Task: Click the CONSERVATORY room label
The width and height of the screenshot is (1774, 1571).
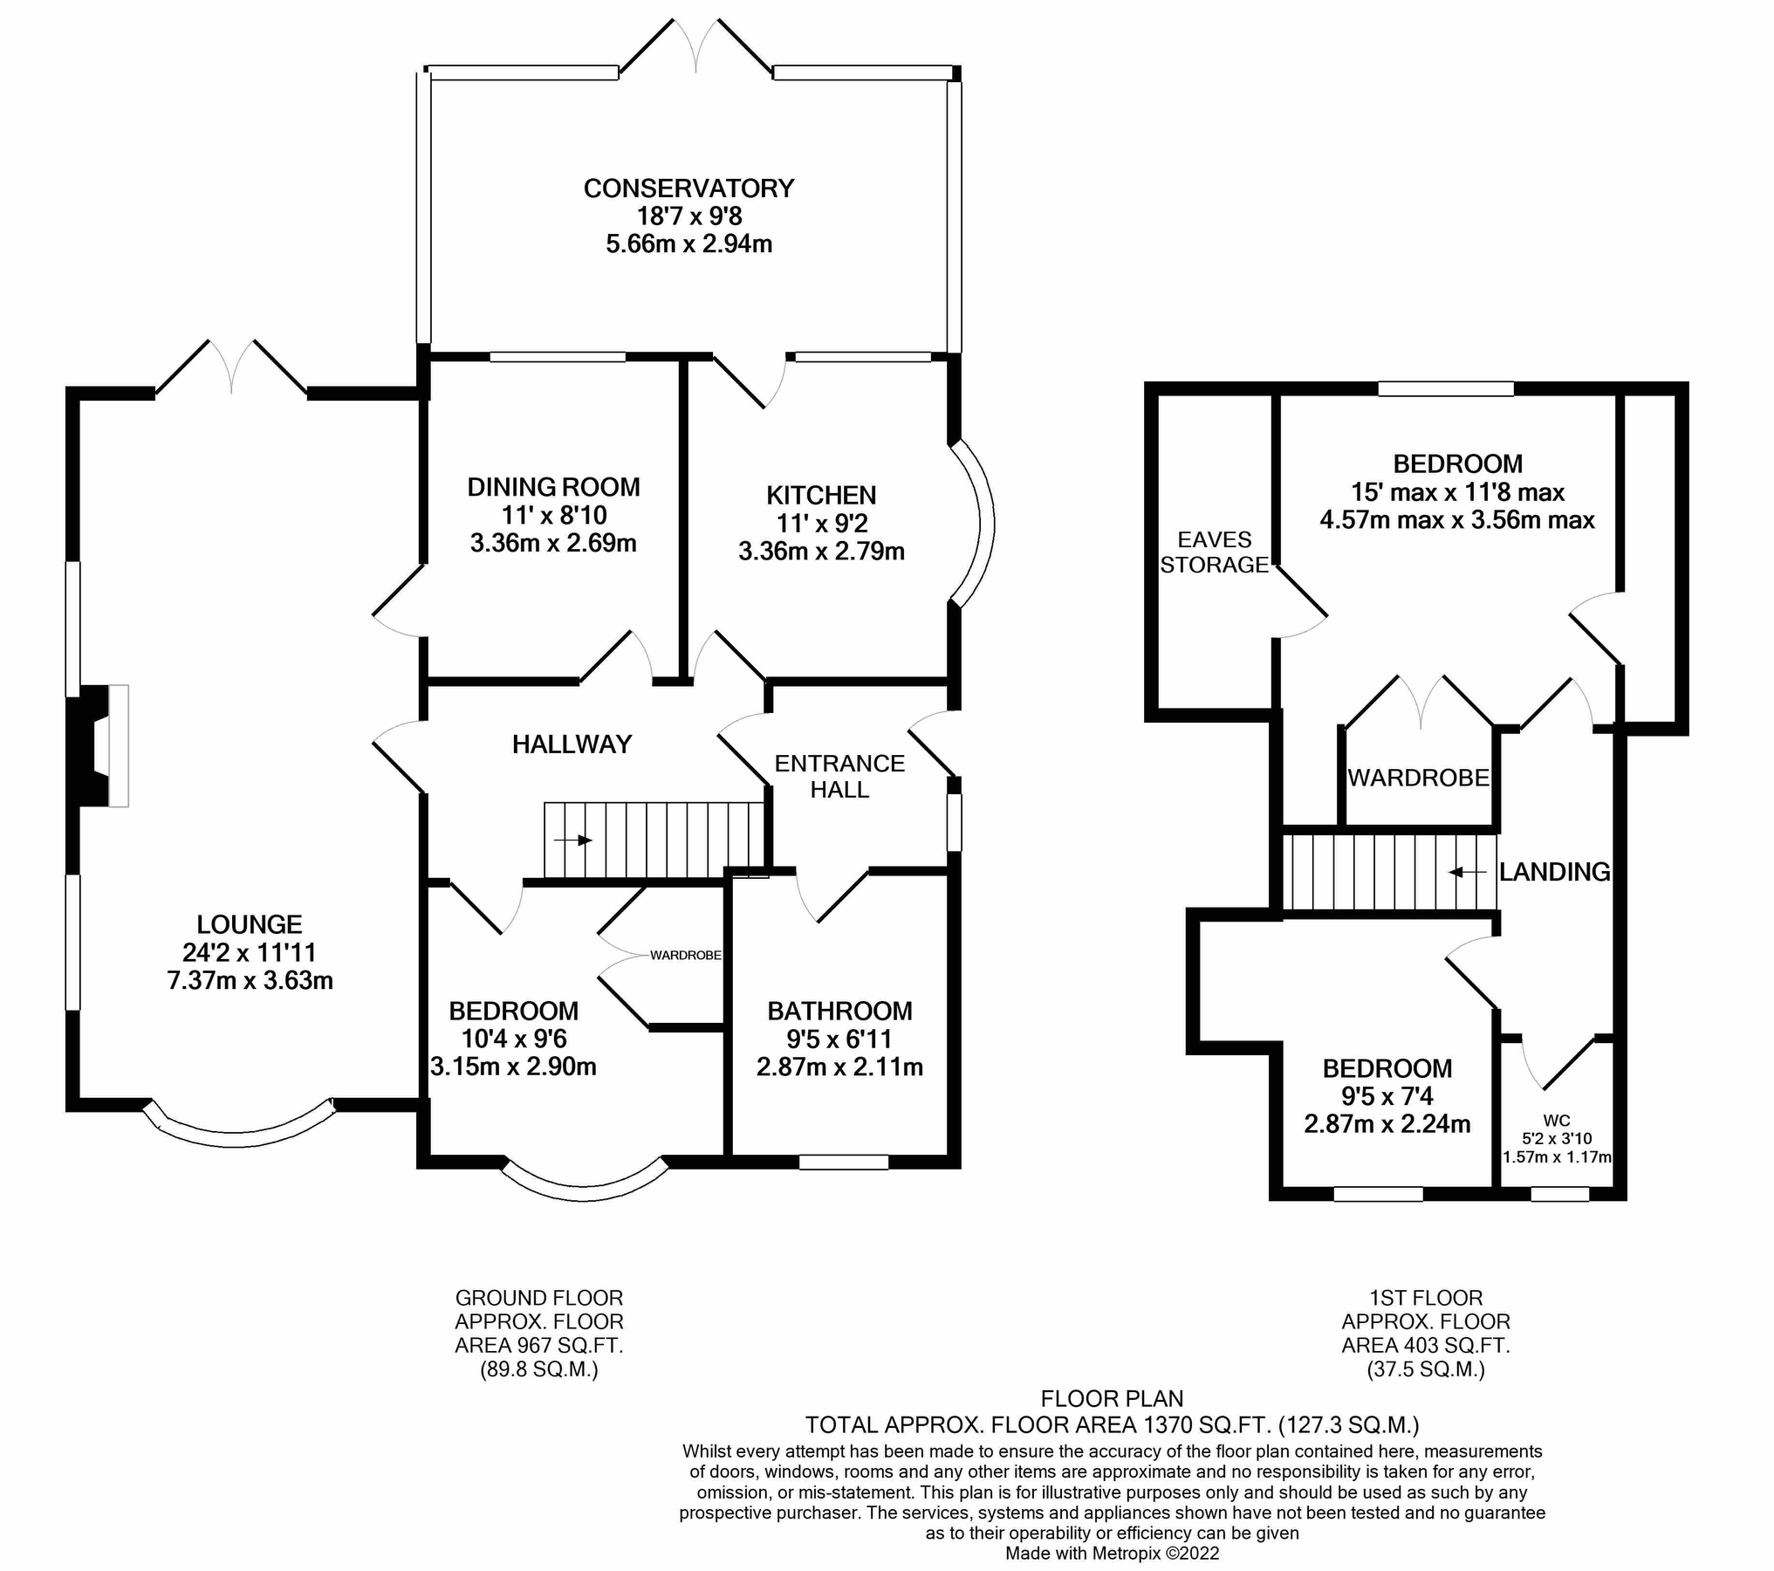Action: click(x=688, y=189)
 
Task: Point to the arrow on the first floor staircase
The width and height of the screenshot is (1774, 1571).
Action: click(x=1467, y=872)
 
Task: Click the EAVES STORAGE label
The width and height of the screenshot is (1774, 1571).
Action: click(x=1214, y=552)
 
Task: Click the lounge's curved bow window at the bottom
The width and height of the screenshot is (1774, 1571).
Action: click(x=237, y=1131)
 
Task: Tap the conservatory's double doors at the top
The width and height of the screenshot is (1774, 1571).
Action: click(x=695, y=48)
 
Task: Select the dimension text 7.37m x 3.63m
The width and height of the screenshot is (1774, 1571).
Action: click(x=250, y=980)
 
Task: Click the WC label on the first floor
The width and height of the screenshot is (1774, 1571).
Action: click(x=1556, y=1121)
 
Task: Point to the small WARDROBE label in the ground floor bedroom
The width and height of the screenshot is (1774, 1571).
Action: click(x=685, y=956)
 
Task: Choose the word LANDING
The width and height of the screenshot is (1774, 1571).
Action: click(x=1554, y=872)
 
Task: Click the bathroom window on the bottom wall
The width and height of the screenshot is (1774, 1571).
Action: click(x=843, y=1162)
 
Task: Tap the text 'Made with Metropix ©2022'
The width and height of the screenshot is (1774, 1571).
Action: click(x=1112, y=1554)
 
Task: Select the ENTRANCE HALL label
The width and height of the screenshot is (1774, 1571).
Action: click(x=839, y=776)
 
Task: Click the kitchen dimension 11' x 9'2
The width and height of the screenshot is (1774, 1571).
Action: click(x=821, y=524)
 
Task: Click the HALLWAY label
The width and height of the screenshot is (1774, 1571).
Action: click(x=572, y=744)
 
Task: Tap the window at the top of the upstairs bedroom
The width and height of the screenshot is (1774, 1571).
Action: click(x=1445, y=388)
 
